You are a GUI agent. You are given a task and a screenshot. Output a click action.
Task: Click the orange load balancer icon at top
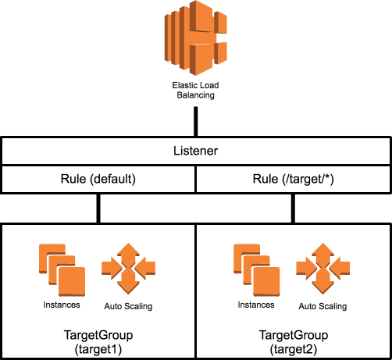196,39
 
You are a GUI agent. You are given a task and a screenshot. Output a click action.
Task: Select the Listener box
196,151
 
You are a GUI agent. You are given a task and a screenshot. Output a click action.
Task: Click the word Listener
196,151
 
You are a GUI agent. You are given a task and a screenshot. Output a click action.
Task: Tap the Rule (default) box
98,179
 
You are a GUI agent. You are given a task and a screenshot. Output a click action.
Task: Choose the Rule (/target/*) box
294,179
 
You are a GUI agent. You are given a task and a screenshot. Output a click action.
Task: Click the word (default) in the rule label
113,179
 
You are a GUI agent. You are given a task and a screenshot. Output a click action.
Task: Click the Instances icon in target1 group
62,268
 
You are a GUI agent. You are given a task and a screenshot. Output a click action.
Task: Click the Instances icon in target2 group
257,268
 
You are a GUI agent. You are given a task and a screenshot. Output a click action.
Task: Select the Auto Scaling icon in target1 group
129,268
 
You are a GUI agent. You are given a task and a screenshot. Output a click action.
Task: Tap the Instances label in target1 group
62,304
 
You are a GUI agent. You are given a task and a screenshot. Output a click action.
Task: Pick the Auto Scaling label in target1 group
128,306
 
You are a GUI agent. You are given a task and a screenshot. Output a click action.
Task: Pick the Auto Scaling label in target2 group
323,306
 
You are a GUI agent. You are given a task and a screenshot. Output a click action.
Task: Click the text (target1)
98,348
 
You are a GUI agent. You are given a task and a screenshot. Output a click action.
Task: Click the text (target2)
294,348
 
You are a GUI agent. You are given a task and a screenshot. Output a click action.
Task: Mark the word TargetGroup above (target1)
98,335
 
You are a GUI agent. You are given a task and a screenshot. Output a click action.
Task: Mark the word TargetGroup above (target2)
294,335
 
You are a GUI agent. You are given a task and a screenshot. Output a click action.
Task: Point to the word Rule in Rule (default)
74,179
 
